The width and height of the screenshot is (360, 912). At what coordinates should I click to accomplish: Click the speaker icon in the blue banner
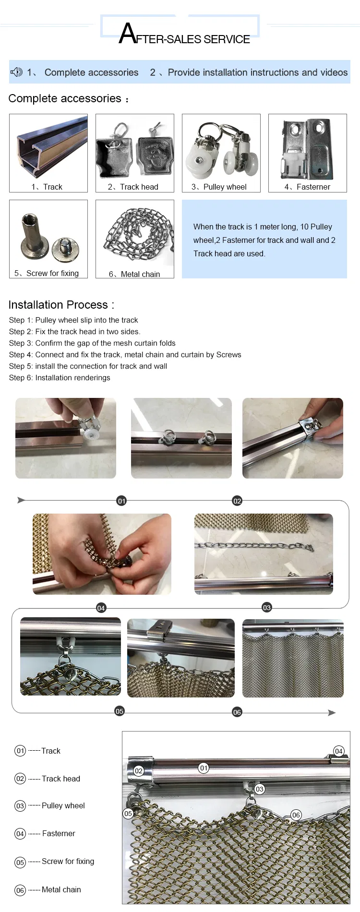17,72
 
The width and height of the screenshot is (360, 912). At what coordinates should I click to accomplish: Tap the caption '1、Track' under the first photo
47,187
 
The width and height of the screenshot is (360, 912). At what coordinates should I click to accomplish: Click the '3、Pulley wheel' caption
219,187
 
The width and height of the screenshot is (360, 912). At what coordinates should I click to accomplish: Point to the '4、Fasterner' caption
307,187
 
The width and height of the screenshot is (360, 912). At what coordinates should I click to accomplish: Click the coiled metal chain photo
138,235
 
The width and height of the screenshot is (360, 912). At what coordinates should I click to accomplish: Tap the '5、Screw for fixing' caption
47,273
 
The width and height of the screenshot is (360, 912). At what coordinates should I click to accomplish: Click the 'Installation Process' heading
61,305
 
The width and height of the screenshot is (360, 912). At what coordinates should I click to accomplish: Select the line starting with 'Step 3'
92,343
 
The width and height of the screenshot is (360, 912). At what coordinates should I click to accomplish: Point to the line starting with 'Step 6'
60,378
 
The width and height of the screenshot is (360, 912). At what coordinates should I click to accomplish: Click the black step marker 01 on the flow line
121,501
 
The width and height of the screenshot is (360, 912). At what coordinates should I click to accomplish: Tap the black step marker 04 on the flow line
101,608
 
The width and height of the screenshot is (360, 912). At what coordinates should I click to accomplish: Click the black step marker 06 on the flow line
237,712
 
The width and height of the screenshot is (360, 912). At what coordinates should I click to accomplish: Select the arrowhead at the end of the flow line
332,713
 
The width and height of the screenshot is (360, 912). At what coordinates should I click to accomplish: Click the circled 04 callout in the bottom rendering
338,751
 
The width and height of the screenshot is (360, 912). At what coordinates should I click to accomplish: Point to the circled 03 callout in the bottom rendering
260,789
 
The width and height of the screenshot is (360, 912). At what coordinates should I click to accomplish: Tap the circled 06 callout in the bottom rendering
296,815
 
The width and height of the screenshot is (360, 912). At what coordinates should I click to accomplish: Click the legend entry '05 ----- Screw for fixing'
54,862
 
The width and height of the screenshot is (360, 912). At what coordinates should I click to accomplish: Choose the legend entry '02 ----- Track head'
47,779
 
